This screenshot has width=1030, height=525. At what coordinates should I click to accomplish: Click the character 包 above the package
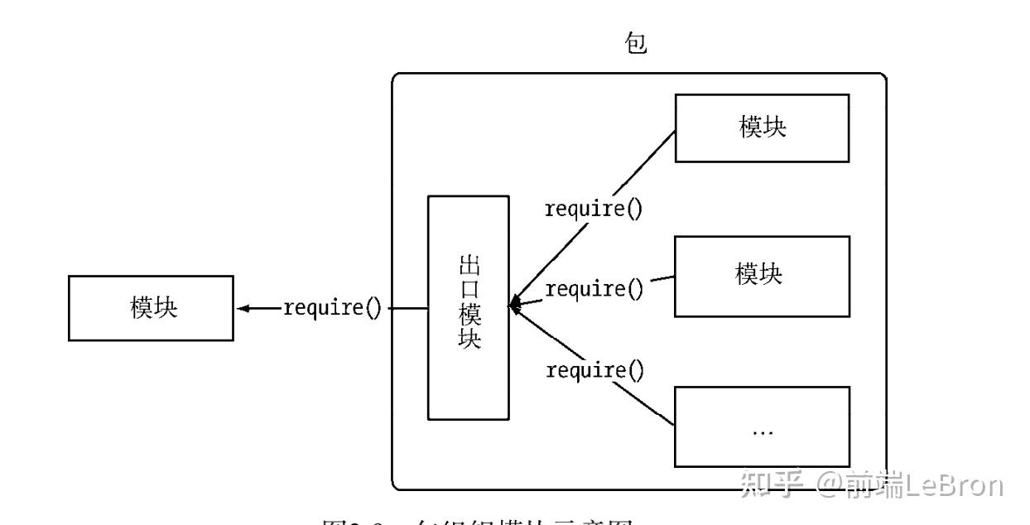coord(636,46)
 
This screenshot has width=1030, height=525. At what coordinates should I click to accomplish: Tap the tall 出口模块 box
coord(468,307)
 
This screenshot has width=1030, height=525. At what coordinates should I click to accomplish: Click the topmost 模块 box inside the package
coord(762,128)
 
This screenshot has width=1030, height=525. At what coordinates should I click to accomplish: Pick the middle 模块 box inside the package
coord(762,277)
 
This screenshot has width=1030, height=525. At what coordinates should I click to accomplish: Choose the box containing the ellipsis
coord(762,425)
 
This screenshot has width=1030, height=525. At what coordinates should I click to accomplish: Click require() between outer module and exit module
coord(333,309)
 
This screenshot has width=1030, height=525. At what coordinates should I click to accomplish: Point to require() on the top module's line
coord(593,209)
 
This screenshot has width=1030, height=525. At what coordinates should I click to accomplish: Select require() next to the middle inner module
coord(594,289)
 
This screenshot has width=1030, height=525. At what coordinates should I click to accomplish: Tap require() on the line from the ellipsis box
coord(594,369)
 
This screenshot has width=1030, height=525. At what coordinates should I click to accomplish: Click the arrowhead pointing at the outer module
coord(242,309)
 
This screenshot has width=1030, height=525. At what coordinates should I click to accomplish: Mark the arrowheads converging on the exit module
coord(514,306)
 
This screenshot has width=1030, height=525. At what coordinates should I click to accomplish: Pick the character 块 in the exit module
coord(468,340)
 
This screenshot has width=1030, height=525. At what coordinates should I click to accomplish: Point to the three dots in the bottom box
coord(762,433)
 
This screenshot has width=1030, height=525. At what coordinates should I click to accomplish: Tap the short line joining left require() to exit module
coord(408,309)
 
